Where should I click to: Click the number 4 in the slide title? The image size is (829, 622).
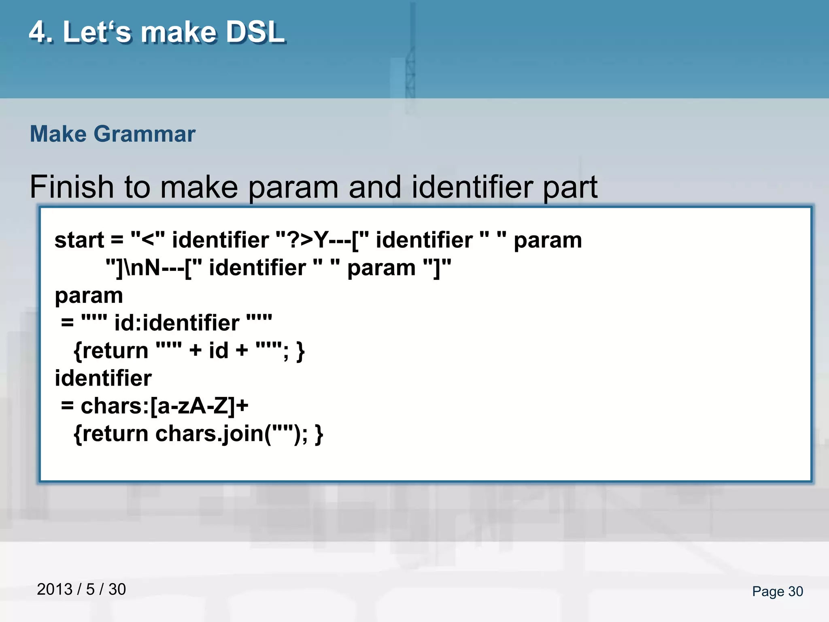(38, 32)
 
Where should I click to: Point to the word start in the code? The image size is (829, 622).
(79, 240)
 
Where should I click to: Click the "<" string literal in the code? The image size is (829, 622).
(148, 240)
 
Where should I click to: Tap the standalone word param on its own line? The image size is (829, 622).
(89, 296)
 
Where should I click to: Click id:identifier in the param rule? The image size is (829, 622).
(177, 323)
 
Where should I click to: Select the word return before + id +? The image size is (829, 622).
(111, 351)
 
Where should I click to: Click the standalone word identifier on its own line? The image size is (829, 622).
(103, 378)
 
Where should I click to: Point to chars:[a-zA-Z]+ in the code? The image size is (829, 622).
(164, 406)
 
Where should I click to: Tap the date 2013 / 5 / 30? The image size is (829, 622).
(81, 590)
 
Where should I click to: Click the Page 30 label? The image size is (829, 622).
(777, 592)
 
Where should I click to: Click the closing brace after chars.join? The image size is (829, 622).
(319, 434)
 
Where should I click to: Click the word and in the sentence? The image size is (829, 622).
(374, 187)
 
